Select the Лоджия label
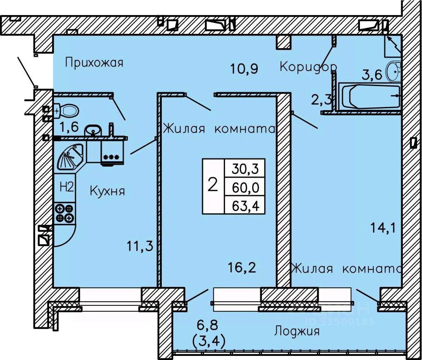(297, 331)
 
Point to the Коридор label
(308, 66)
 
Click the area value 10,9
(244, 69)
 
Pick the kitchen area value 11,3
(140, 246)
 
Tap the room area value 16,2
(242, 268)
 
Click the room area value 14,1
(383, 228)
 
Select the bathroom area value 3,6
(372, 75)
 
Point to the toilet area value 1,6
(69, 127)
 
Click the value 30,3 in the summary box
(245, 169)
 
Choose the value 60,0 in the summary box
(245, 187)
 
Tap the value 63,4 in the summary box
(245, 206)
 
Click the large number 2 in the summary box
(213, 185)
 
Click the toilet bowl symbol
(67, 110)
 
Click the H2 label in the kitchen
(67, 187)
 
